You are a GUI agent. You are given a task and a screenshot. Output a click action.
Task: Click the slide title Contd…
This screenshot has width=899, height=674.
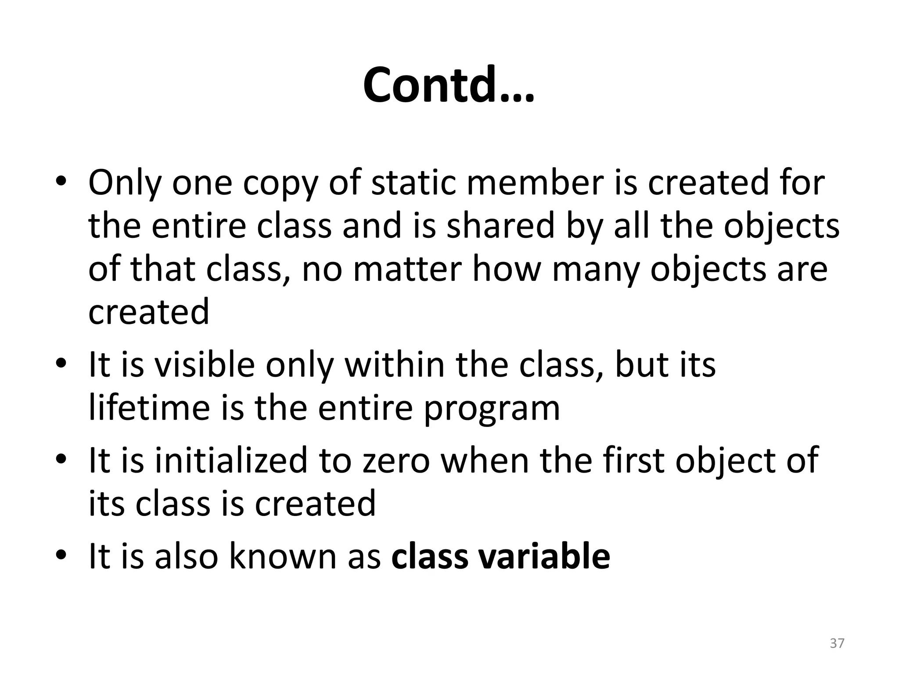point(449,85)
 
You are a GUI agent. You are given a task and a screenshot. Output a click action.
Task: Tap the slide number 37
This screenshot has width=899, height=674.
point(837,643)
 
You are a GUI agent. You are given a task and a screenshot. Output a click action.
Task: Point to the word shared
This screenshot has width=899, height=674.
point(501,226)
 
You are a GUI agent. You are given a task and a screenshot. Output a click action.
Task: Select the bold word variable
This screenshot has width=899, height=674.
point(544,556)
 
